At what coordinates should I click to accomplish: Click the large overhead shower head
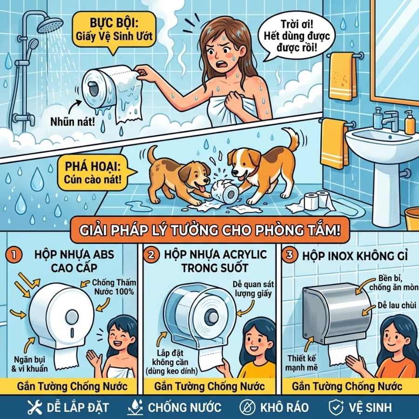50,24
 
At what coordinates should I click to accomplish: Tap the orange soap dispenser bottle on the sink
409,122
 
